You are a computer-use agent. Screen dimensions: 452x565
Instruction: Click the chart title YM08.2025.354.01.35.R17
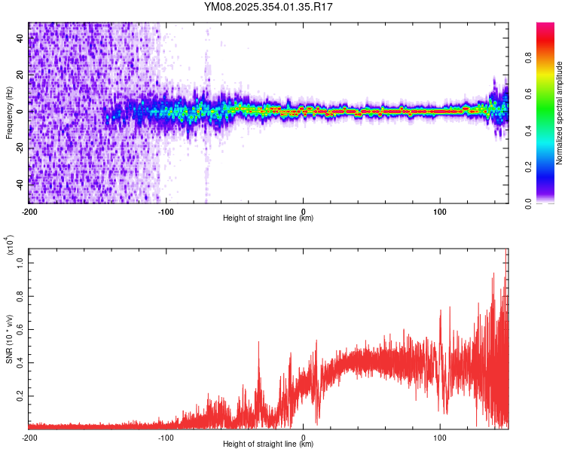269,7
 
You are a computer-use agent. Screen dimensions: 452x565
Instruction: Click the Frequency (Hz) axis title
9,113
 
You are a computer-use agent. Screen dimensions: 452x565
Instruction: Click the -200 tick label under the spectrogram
29,211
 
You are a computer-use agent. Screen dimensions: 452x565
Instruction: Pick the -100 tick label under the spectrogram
166,211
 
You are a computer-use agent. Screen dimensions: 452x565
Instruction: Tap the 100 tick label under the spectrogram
440,211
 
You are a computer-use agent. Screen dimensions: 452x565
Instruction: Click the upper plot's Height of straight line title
268,218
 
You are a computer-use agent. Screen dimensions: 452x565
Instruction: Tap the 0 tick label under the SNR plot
304,437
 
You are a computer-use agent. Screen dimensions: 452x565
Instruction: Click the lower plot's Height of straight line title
268,444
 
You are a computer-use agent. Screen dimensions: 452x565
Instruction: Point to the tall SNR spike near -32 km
259,344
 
